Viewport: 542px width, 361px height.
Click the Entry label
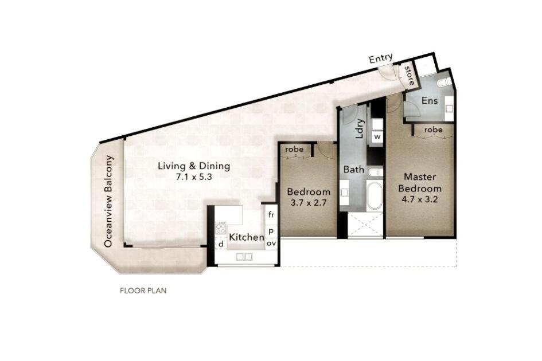coord(381,58)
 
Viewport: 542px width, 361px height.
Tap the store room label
coord(409,75)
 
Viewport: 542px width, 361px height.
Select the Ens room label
coord(430,100)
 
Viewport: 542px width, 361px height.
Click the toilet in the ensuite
coord(444,83)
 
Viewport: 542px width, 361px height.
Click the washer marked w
coord(377,137)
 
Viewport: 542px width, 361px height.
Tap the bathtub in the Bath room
coord(375,195)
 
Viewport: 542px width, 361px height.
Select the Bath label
coord(354,170)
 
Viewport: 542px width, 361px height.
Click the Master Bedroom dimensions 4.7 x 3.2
coord(420,199)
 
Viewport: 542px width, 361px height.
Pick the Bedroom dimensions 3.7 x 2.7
coord(309,202)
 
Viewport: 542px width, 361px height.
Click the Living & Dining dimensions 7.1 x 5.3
coord(194,177)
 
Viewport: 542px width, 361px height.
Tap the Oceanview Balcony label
coord(108,201)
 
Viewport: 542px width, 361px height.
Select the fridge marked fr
coord(271,215)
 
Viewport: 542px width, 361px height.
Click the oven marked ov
coord(271,244)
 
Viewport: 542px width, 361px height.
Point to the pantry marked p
coord(271,231)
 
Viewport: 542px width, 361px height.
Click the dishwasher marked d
coord(221,244)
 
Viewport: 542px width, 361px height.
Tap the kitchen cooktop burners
coord(221,228)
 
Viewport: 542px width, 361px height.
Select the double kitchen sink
coord(244,257)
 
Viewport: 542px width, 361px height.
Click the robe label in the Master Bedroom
coord(434,130)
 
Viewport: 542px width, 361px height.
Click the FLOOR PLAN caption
coord(143,291)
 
